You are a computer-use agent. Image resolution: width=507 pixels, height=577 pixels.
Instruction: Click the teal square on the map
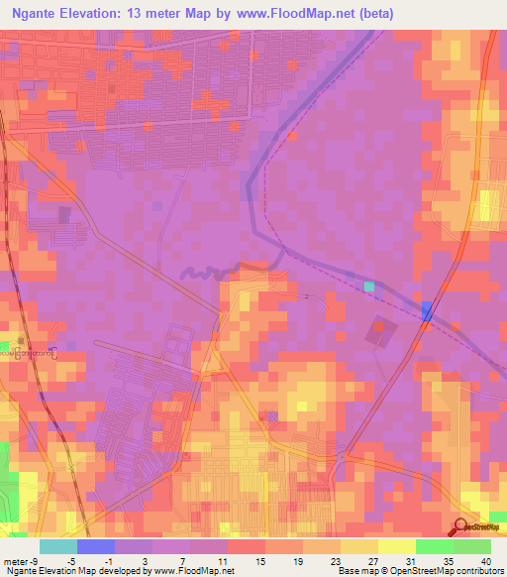(369, 287)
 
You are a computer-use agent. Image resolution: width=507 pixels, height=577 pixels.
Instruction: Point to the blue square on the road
(427, 311)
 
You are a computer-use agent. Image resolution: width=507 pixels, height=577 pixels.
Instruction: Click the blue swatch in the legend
(95, 546)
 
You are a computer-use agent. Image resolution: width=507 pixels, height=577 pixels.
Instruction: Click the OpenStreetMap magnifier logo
(460, 528)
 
